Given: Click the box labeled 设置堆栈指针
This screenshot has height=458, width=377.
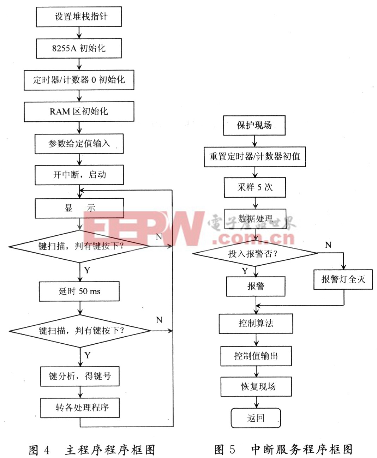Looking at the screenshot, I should [x=79, y=17].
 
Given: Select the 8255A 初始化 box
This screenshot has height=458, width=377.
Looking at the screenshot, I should [x=79, y=48].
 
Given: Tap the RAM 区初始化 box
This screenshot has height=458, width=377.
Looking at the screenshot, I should [x=79, y=112].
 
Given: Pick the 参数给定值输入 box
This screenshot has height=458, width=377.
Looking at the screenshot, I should [x=79, y=143].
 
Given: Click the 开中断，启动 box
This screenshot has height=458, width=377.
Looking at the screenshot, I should [x=79, y=175].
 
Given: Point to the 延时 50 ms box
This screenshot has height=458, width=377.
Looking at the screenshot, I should [x=79, y=291].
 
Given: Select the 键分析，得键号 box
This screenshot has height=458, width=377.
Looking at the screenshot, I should [x=79, y=376].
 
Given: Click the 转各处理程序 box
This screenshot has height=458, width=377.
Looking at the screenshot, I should [x=80, y=408].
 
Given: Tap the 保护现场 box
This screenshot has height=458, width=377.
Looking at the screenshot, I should [x=254, y=125].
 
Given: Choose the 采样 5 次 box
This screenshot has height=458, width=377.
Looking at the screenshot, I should [x=255, y=187].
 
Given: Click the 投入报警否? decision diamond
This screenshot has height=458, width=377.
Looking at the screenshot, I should [x=255, y=253].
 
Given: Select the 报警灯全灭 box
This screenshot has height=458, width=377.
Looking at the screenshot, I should [x=343, y=279].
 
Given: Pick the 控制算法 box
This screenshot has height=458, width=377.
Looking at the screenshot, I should [x=256, y=323].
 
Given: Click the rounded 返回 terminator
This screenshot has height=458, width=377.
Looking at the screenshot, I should [x=256, y=418].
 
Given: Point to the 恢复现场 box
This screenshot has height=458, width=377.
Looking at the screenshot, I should [x=256, y=387].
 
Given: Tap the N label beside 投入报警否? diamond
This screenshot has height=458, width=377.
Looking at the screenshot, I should [x=328, y=245].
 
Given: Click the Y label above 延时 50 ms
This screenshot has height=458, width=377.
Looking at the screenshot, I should [x=87, y=270].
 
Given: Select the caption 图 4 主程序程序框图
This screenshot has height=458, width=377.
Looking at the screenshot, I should [x=92, y=450].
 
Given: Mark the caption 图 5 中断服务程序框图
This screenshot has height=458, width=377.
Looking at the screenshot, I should [x=283, y=449].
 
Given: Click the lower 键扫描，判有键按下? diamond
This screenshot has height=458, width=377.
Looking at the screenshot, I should [x=80, y=331].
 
